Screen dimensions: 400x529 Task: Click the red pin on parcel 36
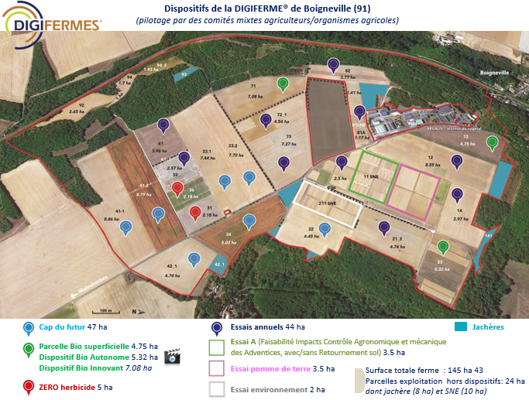point(177,190)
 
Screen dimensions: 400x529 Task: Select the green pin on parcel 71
point(283,84)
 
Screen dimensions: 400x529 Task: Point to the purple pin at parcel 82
point(333,65)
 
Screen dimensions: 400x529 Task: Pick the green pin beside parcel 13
point(492,143)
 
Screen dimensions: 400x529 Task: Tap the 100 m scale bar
point(105,311)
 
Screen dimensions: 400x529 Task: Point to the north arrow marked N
point(133,311)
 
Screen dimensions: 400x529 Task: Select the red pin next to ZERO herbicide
point(29,386)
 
